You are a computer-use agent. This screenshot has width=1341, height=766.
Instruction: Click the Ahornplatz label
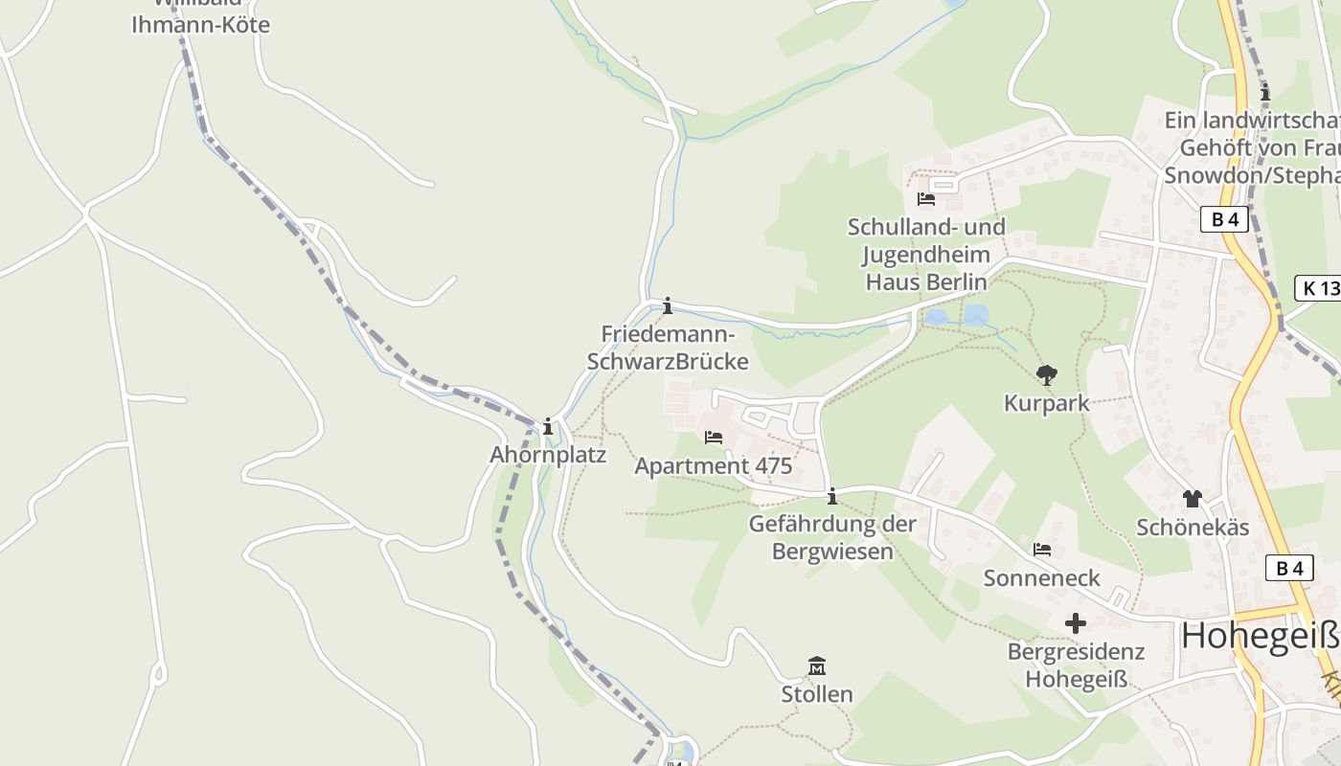pyautogui.click(x=548, y=455)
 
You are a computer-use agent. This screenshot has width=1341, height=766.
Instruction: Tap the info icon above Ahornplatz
pyautogui.click(x=548, y=427)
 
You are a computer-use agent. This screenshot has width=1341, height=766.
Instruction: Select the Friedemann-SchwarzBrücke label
pyautogui.click(x=668, y=349)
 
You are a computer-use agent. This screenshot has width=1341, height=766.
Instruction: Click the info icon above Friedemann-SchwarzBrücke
pyautogui.click(x=668, y=306)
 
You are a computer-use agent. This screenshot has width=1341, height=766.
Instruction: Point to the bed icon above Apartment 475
pyautogui.click(x=714, y=438)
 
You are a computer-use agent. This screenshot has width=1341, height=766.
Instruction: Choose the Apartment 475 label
pyautogui.click(x=714, y=466)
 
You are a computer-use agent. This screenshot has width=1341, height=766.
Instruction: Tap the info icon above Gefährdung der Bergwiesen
pyautogui.click(x=832, y=496)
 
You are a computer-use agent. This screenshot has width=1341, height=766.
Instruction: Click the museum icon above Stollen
pyautogui.click(x=817, y=665)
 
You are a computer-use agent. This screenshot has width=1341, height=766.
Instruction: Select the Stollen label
pyautogui.click(x=817, y=693)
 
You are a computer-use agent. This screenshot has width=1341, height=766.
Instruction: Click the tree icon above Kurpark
pyautogui.click(x=1047, y=375)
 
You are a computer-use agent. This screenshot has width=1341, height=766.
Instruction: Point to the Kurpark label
pyautogui.click(x=1047, y=403)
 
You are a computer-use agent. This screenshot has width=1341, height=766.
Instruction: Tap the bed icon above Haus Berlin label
pyautogui.click(x=926, y=199)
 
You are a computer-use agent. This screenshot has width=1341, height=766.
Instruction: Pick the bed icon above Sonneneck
pyautogui.click(x=1042, y=550)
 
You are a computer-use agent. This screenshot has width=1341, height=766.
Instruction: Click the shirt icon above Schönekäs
pyautogui.click(x=1193, y=499)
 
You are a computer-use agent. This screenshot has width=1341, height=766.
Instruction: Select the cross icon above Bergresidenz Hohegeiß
pyautogui.click(x=1076, y=623)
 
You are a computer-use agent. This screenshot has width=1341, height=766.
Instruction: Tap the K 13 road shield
pyautogui.click(x=1320, y=287)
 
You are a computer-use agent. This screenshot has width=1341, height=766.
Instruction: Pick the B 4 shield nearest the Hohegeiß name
pyautogui.click(x=1289, y=568)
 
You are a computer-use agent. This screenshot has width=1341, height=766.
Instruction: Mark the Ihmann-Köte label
pyautogui.click(x=201, y=25)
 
